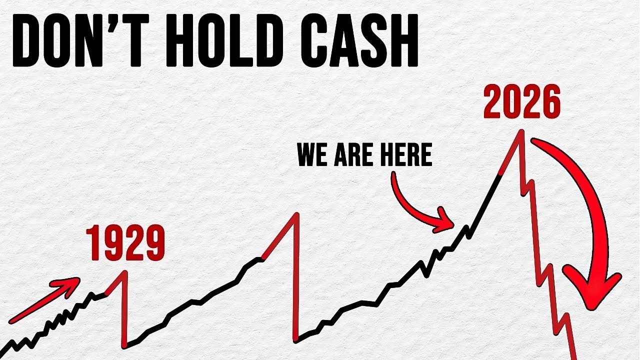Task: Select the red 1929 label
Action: pos(125,243)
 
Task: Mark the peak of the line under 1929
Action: pos(125,271)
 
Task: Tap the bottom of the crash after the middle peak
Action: pos(296,341)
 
